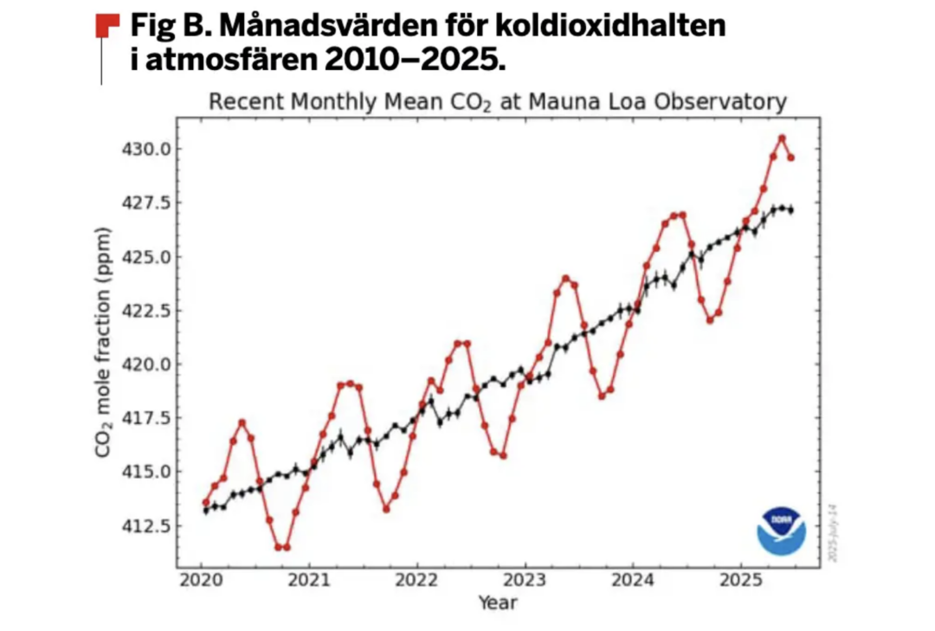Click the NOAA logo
(x=781, y=530)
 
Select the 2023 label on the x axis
(x=525, y=580)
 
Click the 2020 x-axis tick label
(x=201, y=580)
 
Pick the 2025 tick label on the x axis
(x=740, y=580)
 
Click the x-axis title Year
(x=498, y=602)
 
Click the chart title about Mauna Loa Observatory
(x=498, y=101)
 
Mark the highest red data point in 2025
(x=782, y=138)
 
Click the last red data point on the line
(x=790, y=158)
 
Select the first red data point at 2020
(x=206, y=502)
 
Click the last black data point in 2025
(x=790, y=210)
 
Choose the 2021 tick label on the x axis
(x=309, y=580)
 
